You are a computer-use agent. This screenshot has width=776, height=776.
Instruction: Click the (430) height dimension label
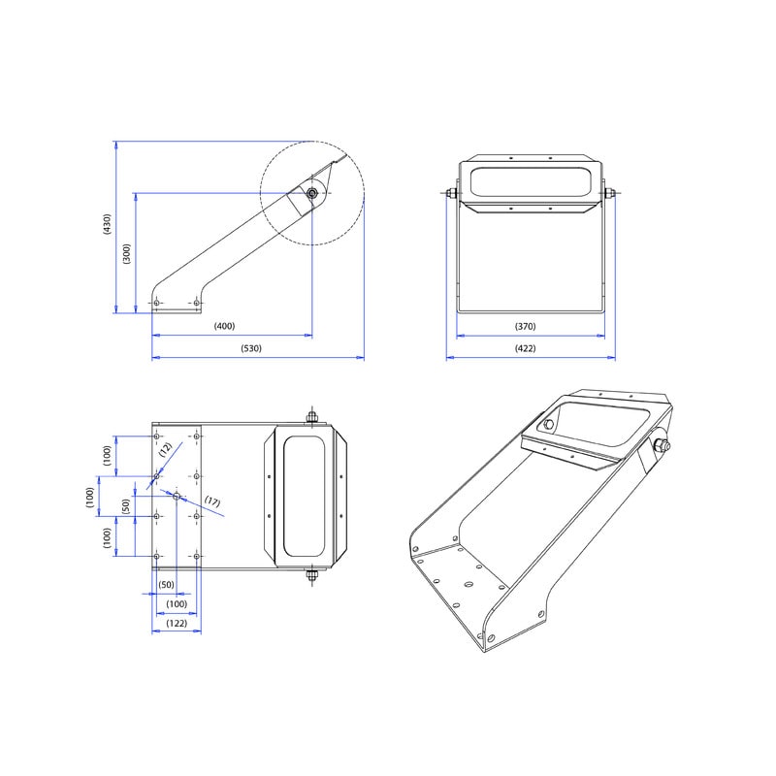click(x=107, y=224)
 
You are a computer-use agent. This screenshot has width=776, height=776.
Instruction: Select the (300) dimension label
click(x=127, y=254)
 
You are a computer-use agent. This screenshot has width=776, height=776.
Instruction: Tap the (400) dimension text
click(x=224, y=326)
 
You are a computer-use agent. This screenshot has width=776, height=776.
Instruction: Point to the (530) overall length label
click(x=251, y=348)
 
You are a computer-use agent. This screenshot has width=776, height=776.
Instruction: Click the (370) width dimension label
click(x=525, y=326)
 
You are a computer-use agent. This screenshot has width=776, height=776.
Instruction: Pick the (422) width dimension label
click(x=525, y=348)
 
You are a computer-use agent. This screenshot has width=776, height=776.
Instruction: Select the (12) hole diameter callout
click(x=165, y=449)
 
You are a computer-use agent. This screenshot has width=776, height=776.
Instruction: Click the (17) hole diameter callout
click(x=212, y=501)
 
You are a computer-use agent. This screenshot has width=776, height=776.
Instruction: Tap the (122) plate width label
click(x=177, y=623)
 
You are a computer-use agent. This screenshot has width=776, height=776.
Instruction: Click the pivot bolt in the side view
click(x=311, y=193)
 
